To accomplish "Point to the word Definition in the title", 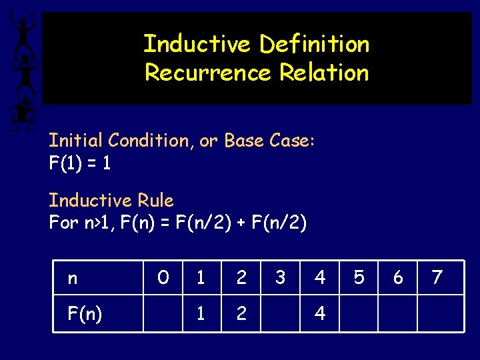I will (x=314, y=45).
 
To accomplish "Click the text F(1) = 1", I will (x=79, y=163).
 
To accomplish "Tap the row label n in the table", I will (x=72, y=277).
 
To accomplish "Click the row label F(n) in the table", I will (x=85, y=313).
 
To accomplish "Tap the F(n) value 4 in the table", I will (x=320, y=313).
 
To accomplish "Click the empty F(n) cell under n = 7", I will (x=441, y=313).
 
